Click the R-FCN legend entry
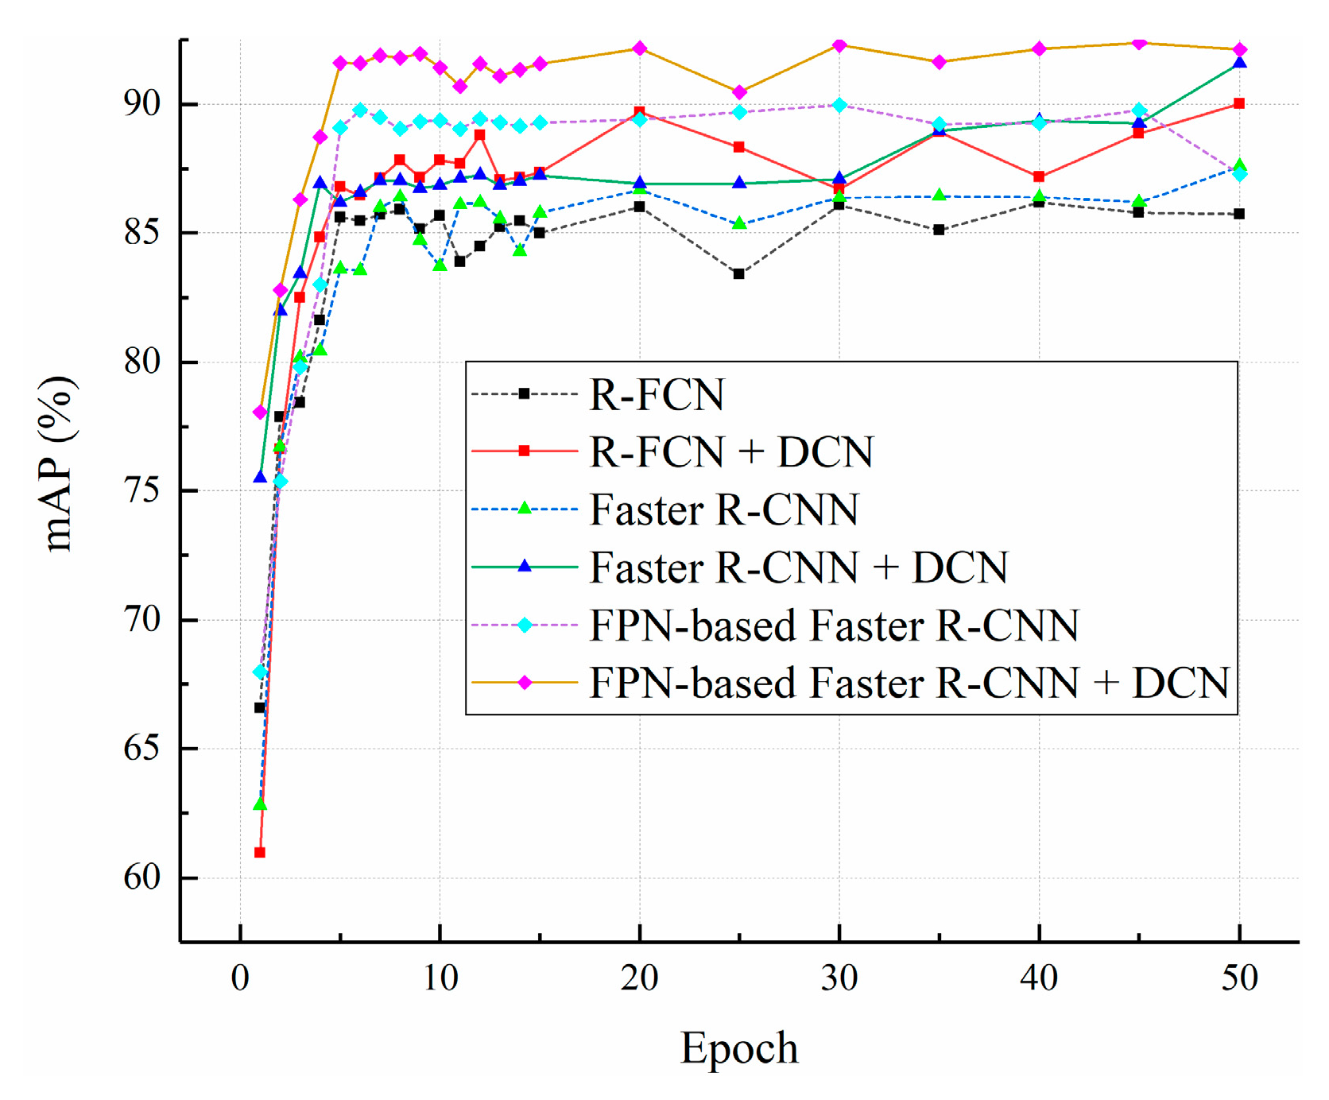[x=657, y=394]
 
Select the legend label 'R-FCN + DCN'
[x=731, y=451]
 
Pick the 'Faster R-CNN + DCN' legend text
[x=798, y=567]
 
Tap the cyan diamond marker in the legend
[x=525, y=626]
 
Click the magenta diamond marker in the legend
[x=525, y=683]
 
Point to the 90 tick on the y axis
[x=141, y=104]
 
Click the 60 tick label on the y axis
[x=141, y=877]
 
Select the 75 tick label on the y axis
[x=141, y=490]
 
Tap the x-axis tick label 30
[x=839, y=978]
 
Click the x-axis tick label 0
[x=240, y=978]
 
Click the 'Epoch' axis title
[x=739, y=1048]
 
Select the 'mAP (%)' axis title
[x=60, y=464]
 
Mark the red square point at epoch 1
[x=260, y=852]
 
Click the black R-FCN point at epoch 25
[x=739, y=273]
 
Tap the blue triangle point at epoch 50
[x=1239, y=63]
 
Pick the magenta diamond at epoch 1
[x=260, y=412]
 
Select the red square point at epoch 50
[x=1239, y=103]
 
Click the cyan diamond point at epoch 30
[x=839, y=105]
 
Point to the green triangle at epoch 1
[x=260, y=804]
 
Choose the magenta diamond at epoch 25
[x=739, y=92]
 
